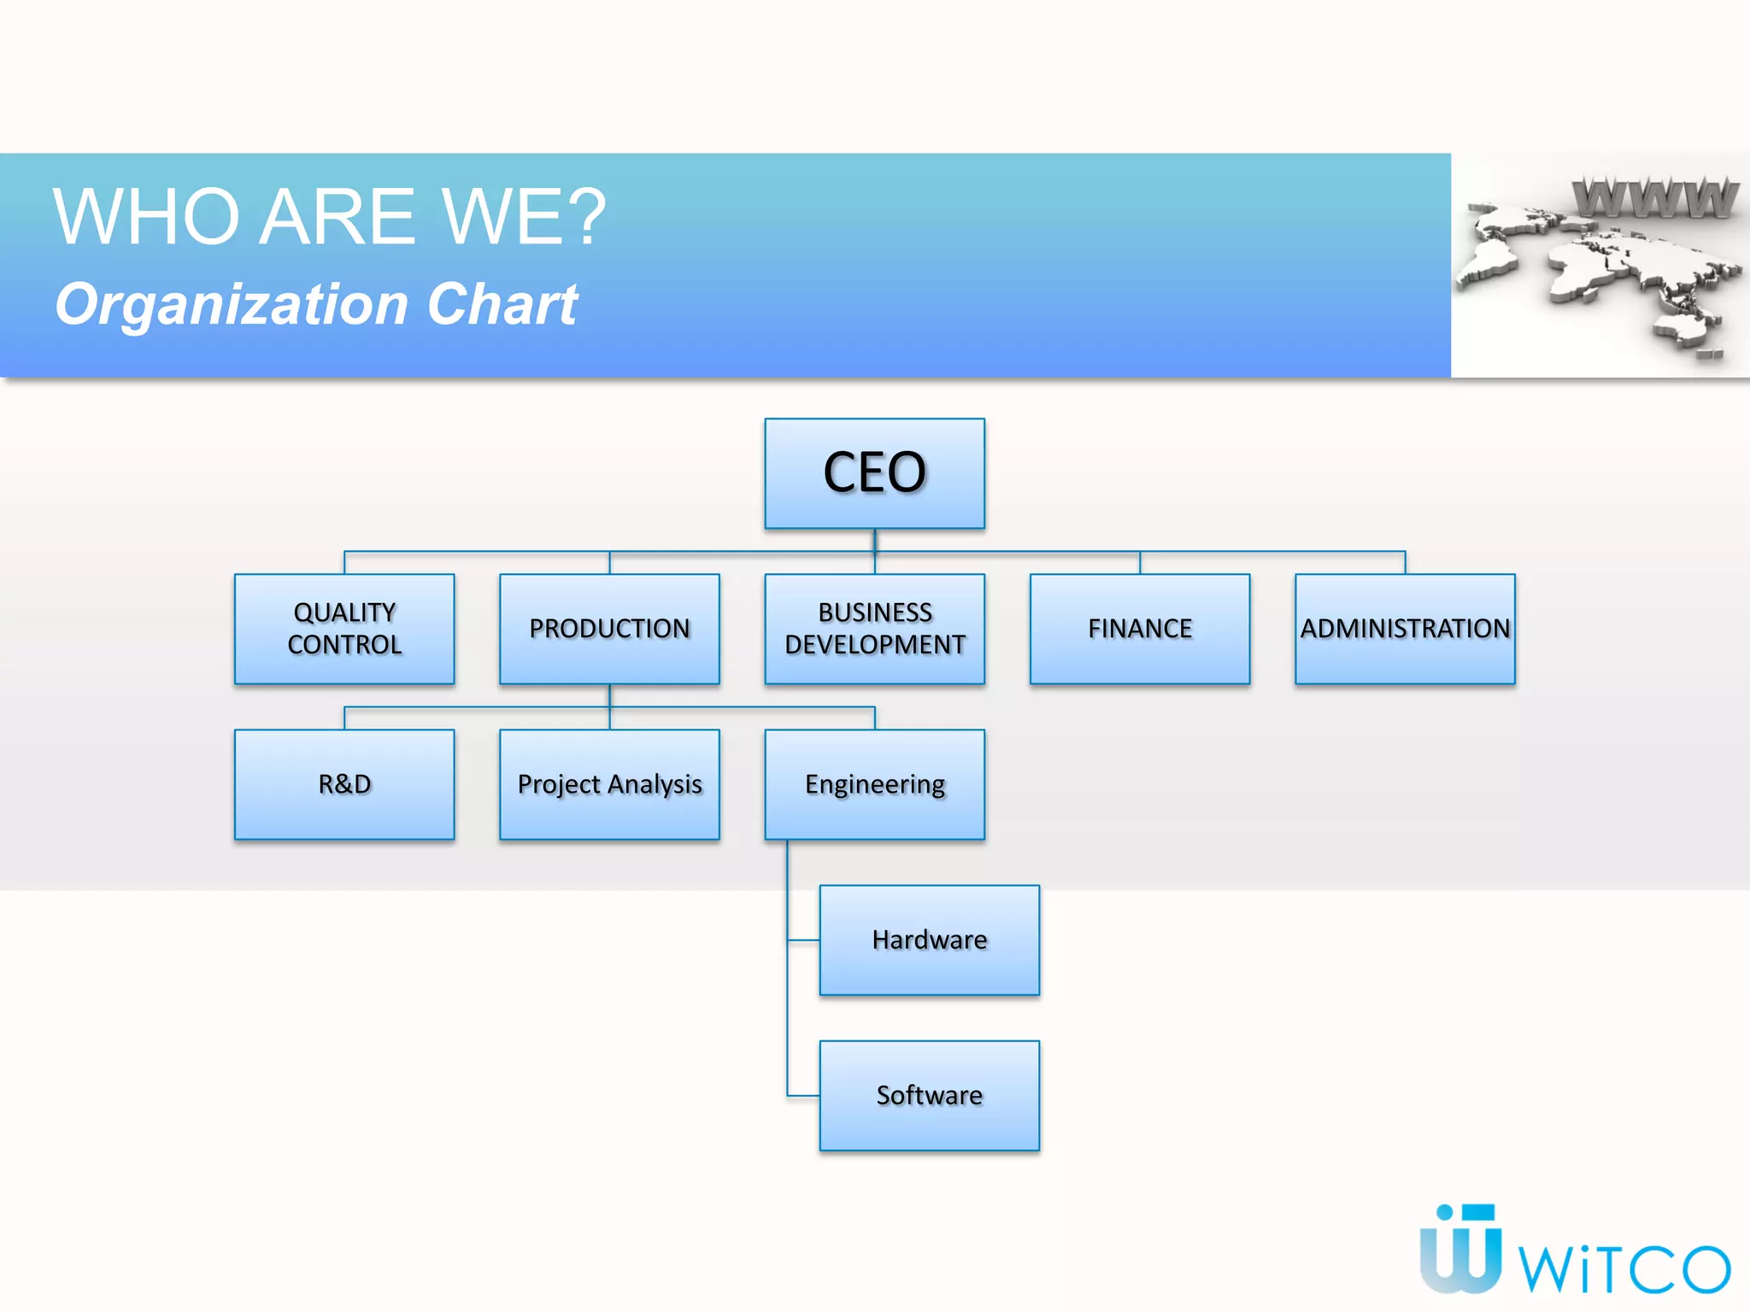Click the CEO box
coord(874,473)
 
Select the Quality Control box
coord(344,629)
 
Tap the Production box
coord(609,629)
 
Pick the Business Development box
coord(874,629)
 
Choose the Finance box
coord(1140,629)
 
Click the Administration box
coord(1405,629)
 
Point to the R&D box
coord(344,784)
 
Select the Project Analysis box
coord(609,784)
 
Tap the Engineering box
coord(874,784)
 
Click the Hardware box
coord(930,940)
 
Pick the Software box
coord(930,1095)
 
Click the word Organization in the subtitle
coord(232,305)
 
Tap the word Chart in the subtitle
coord(502,304)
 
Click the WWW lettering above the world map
coord(1654,198)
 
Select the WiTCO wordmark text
coord(1624,1268)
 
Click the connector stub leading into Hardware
coord(803,940)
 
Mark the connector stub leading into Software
coord(803,1096)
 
